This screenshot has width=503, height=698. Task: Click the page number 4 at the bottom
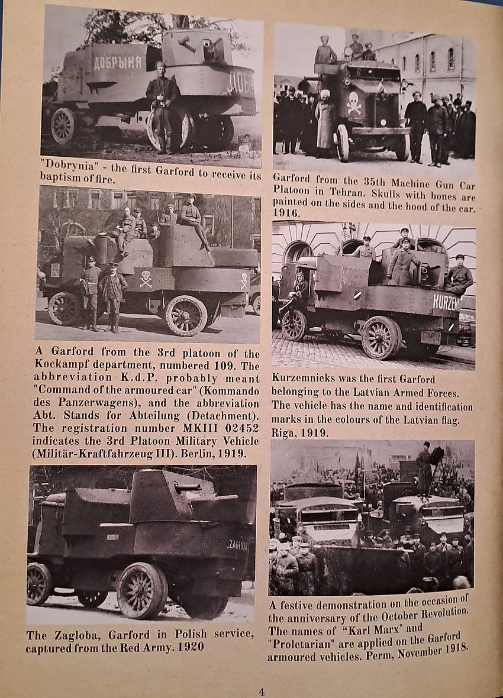click(x=262, y=691)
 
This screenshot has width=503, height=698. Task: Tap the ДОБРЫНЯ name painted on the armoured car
click(x=118, y=62)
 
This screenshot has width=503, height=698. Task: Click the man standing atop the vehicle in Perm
click(x=424, y=467)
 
